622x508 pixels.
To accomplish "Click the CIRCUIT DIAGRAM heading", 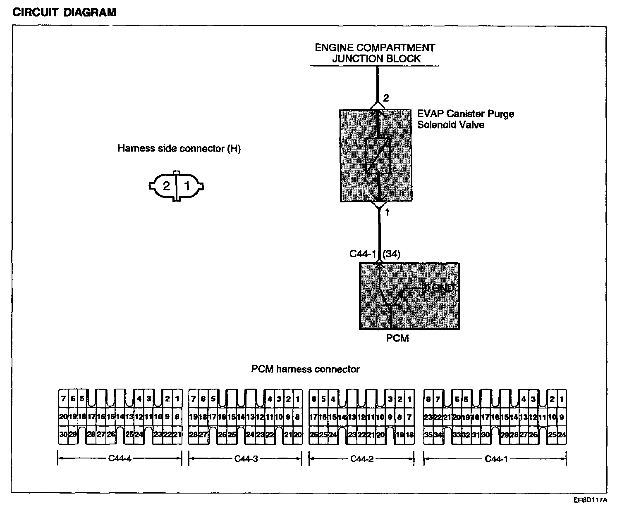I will click(65, 12).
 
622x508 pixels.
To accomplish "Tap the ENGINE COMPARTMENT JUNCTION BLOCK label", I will click(375, 53).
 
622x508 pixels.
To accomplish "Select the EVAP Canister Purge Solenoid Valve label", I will click(465, 119).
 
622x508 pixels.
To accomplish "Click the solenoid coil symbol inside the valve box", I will click(378, 155).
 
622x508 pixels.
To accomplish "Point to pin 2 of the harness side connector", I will click(166, 186).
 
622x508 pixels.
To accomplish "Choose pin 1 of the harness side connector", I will click(187, 186).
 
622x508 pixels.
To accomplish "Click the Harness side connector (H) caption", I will click(179, 149).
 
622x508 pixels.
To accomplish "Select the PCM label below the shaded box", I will click(397, 338).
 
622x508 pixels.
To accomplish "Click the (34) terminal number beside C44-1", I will click(391, 254).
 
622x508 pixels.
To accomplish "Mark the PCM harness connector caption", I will click(306, 369).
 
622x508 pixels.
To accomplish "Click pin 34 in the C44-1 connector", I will click(438, 434).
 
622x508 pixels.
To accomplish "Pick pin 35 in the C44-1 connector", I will click(428, 434).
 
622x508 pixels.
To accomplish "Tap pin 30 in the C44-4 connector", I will click(63, 434).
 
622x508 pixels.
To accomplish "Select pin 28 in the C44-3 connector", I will click(193, 434).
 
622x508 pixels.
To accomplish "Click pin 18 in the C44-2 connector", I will click(409, 434).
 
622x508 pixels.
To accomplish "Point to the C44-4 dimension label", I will click(120, 459).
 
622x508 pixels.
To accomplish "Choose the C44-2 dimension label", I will click(362, 459).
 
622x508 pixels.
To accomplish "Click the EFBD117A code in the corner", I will click(590, 500).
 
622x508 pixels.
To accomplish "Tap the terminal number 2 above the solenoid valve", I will click(386, 98).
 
